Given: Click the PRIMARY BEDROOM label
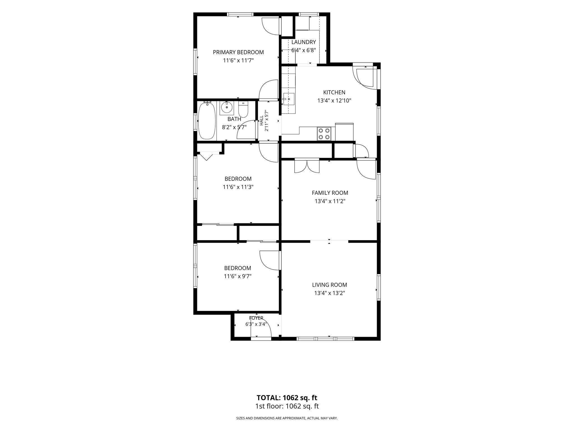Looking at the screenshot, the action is tap(238, 52).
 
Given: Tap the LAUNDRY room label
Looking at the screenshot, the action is tap(304, 42).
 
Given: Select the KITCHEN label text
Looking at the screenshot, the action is tap(334, 92).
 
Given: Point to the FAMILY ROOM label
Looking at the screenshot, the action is tap(330, 193).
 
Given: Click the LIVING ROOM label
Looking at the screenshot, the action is tap(330, 285).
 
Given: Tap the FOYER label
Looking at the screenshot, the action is tap(256, 318).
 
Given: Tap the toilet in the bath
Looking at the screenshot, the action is tap(243, 109).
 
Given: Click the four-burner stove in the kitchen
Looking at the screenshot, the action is tap(324, 134).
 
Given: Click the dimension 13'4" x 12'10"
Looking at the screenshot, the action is tap(334, 101).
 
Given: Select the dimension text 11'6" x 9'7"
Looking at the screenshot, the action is tap(238, 276).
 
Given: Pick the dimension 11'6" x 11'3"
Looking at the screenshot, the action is tap(238, 187).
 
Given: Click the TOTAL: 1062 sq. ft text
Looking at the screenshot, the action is tap(287, 398).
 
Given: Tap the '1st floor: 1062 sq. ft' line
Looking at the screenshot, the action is tap(287, 406).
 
